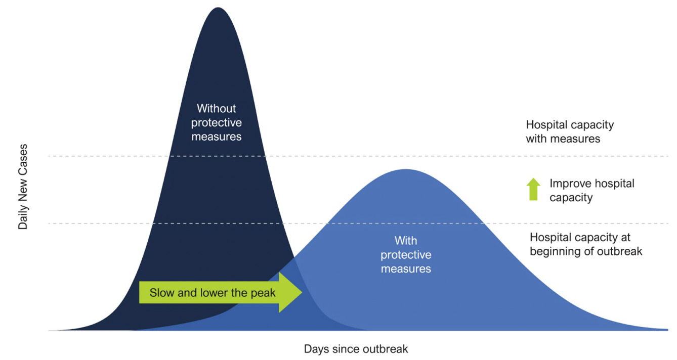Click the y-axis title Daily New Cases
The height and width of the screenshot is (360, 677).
pyautogui.click(x=23, y=187)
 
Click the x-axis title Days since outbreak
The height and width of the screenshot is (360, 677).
pyautogui.click(x=356, y=349)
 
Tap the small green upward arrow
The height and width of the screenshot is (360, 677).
pyautogui.click(x=533, y=189)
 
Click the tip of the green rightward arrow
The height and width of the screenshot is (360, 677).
pyautogui.click(x=302, y=292)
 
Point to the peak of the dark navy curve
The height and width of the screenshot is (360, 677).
pyautogui.click(x=218, y=8)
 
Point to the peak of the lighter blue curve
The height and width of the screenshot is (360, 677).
pyautogui.click(x=406, y=169)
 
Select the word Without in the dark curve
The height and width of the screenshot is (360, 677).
pyautogui.click(x=216, y=108)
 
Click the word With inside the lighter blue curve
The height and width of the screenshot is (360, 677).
pyautogui.click(x=406, y=241)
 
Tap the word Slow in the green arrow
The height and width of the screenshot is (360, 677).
pyautogui.click(x=162, y=292)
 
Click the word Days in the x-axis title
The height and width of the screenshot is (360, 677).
pyautogui.click(x=316, y=349)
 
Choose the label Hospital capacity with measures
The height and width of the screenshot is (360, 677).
pyautogui.click(x=570, y=131)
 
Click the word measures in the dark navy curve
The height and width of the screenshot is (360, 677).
pyautogui.click(x=217, y=137)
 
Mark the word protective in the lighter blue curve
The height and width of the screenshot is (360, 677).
pyautogui.click(x=406, y=255)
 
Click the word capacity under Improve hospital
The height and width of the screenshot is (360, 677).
pyautogui.click(x=571, y=198)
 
